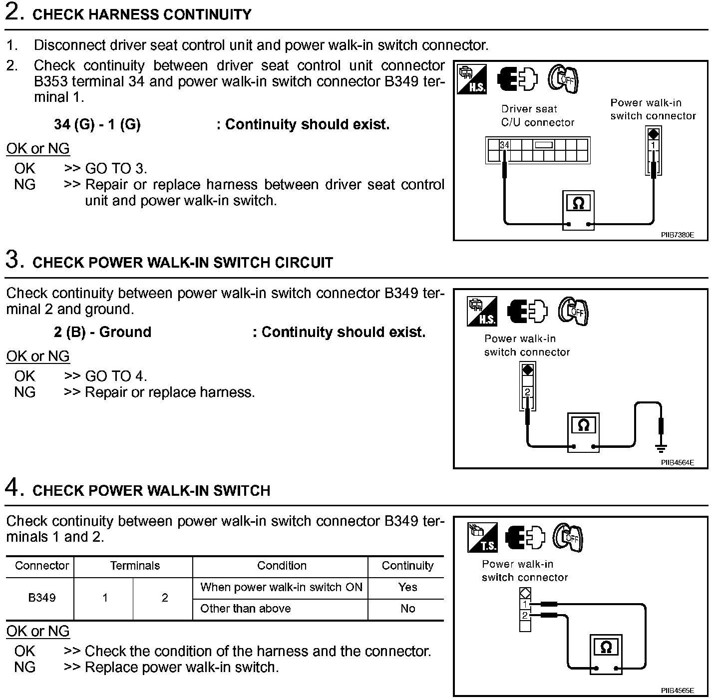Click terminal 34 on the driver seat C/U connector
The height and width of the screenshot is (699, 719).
point(505,145)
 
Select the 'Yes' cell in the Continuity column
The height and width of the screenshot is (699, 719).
point(407,587)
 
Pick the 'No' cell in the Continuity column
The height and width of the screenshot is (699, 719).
point(407,609)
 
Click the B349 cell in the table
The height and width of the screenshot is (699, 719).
point(42,598)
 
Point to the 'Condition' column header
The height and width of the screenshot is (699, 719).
point(282,566)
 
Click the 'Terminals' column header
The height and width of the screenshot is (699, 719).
point(135,566)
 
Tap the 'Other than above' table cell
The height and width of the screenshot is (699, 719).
point(245,609)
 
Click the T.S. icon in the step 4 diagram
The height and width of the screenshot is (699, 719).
point(482,538)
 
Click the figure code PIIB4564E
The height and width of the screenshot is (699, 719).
point(677,462)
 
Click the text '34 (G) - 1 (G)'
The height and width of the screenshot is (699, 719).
point(97,124)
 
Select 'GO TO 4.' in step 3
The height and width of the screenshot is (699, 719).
point(116,376)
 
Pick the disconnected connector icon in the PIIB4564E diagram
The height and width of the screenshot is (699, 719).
point(527,311)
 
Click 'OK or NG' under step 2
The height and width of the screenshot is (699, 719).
point(38,149)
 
